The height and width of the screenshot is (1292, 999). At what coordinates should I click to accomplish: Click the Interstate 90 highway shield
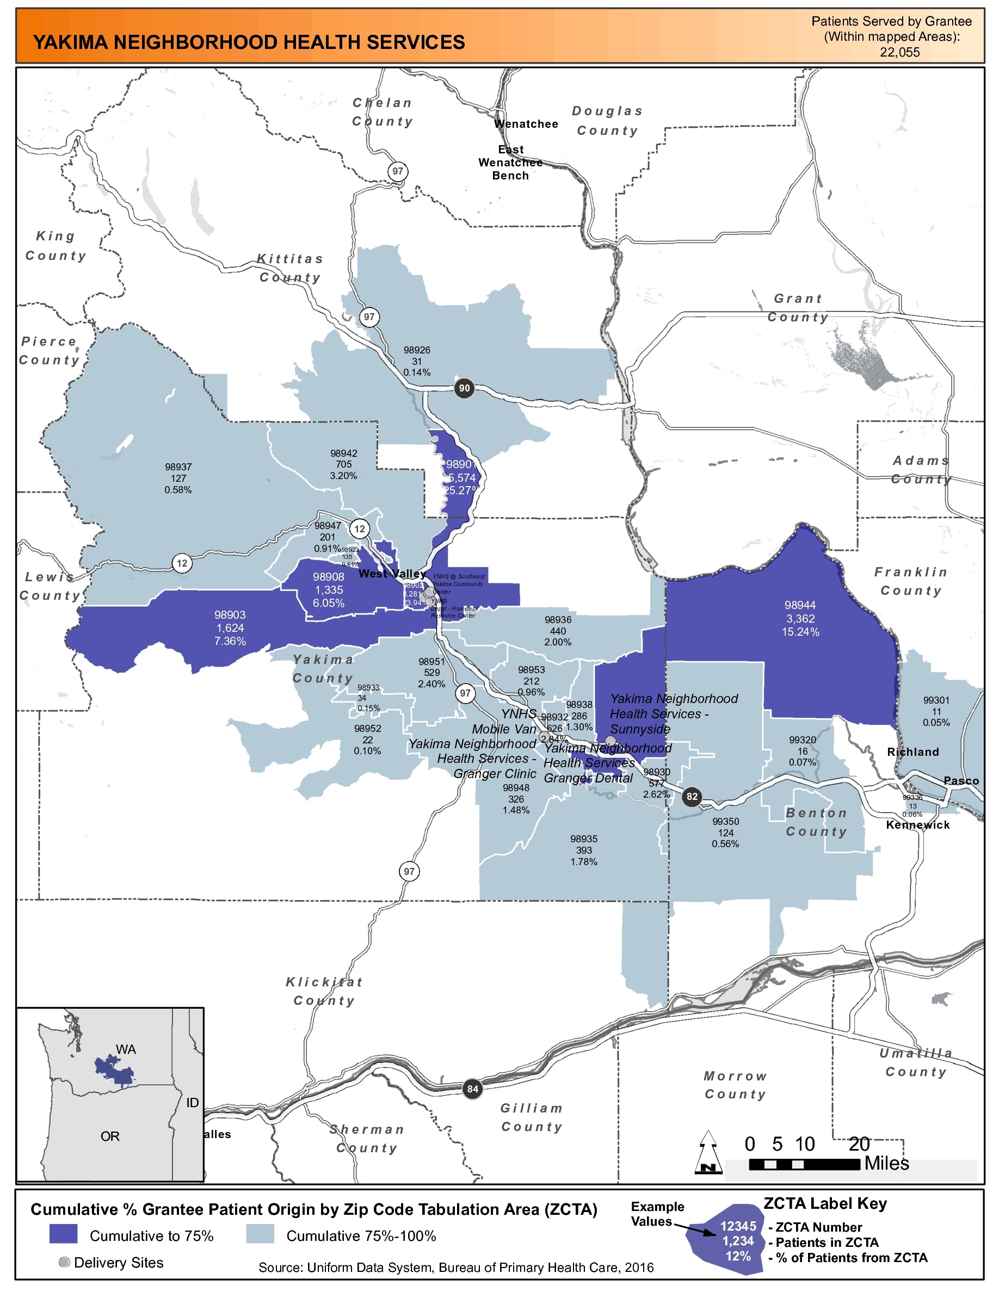click(x=464, y=388)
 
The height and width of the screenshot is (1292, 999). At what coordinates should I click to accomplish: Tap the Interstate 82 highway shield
click(x=692, y=796)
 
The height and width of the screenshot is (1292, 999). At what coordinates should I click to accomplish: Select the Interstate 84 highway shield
click(x=472, y=1089)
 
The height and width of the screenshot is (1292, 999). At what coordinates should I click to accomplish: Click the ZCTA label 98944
click(x=800, y=605)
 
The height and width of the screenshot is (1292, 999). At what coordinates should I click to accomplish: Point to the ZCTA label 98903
click(x=230, y=615)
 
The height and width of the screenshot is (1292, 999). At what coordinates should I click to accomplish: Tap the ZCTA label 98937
click(x=178, y=467)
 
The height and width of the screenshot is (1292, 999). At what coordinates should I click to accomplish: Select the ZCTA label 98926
click(x=417, y=350)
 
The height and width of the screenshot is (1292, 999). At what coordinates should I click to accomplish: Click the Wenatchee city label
click(x=526, y=123)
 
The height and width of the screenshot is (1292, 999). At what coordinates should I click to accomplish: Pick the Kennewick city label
click(x=917, y=825)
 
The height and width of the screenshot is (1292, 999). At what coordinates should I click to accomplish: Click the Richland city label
click(x=912, y=752)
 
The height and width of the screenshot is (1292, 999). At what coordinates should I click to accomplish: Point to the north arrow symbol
click(x=708, y=1152)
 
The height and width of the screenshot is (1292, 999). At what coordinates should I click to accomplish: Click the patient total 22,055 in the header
click(x=899, y=52)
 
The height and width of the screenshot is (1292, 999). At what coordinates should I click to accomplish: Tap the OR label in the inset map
click(x=109, y=1136)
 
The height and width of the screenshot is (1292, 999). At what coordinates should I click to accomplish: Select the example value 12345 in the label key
click(x=738, y=1226)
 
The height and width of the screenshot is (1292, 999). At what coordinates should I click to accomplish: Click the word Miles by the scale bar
click(x=886, y=1163)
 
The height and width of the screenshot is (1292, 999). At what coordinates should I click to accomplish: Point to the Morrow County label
click(x=735, y=1085)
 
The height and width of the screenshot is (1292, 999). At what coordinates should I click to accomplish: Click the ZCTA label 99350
click(x=725, y=822)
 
